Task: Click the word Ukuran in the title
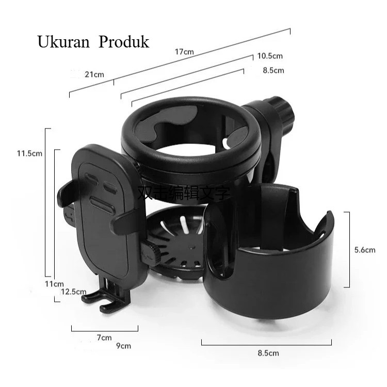click(x=63, y=42)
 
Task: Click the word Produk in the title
click(x=124, y=42)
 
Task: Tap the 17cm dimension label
click(x=184, y=52)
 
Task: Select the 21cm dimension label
click(x=94, y=74)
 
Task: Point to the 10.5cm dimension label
click(x=270, y=56)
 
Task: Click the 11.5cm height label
click(x=29, y=154)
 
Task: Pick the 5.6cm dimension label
click(x=365, y=250)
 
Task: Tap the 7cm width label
click(x=104, y=337)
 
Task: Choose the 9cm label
click(x=124, y=346)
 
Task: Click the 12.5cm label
click(x=74, y=292)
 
